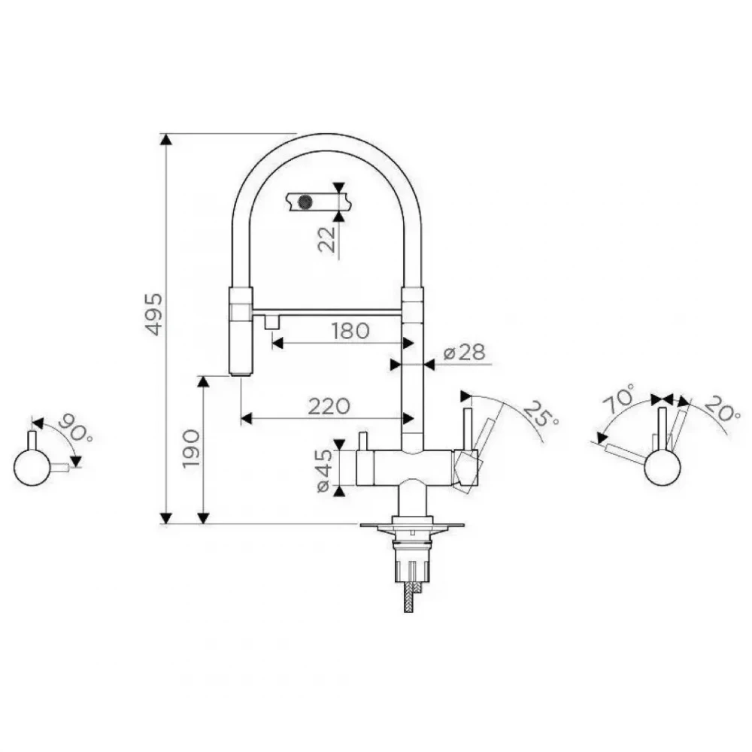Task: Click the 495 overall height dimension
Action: pos(154,314)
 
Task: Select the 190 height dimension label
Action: pos(192,449)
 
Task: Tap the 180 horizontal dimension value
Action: pos(350,331)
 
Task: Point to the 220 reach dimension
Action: pos(329,407)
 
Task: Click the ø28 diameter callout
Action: pos(464,353)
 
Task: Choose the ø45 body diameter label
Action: pos(324,470)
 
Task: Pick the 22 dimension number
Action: pos(327,239)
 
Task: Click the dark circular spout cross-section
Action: pos(305,202)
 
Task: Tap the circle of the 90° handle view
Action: pos(32,468)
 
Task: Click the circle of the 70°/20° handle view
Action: pos(663,468)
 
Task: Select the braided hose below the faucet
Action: pos(408,597)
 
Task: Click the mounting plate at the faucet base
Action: pos(412,526)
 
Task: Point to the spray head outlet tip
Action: pos(241,374)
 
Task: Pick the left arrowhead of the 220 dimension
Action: pos(246,419)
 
